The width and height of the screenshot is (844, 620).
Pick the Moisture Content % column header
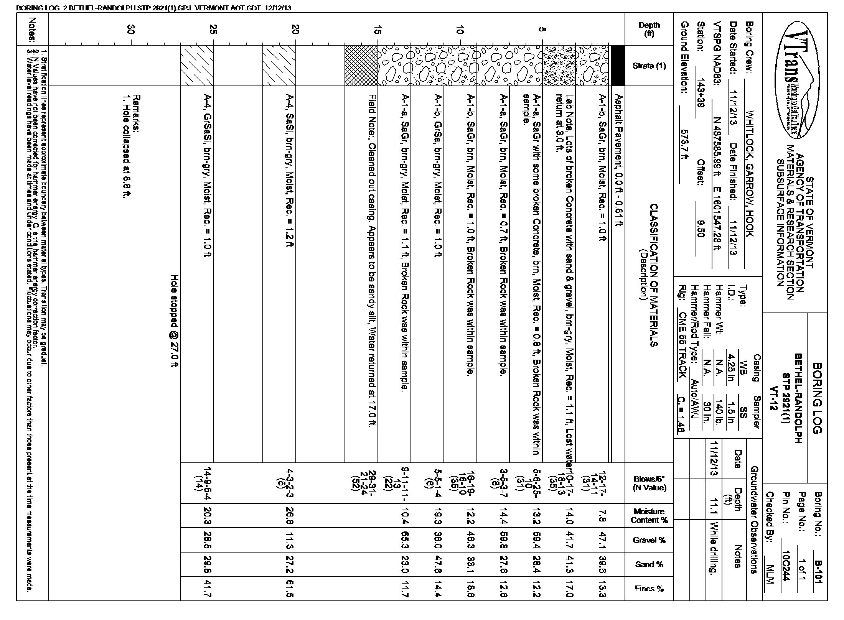[x=649, y=516]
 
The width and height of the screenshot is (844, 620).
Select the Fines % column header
[x=649, y=589]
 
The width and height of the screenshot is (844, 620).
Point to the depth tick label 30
[x=132, y=29]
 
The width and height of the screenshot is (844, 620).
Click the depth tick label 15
[x=377, y=29]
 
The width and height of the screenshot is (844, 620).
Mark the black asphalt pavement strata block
[x=617, y=66]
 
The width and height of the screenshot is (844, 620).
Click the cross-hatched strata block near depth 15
[x=361, y=66]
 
